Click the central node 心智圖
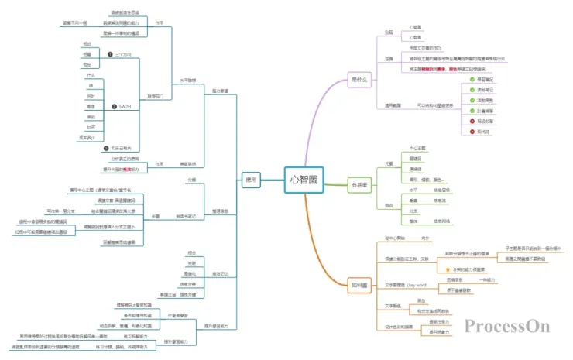click(303, 179)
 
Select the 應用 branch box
click(250, 179)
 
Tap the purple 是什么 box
click(359, 79)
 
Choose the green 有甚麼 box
click(360, 185)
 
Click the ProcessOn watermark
click(507, 326)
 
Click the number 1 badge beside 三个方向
click(108, 54)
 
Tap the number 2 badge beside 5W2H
click(113, 106)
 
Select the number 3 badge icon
click(105, 147)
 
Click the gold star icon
click(447, 269)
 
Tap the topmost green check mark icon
click(472, 79)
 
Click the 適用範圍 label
click(393, 105)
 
